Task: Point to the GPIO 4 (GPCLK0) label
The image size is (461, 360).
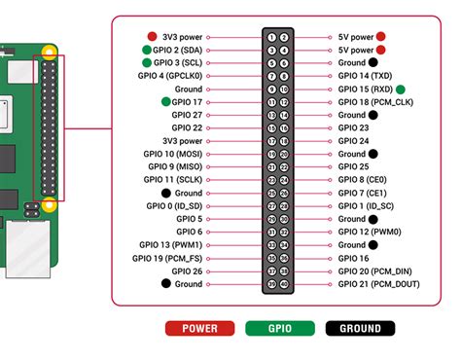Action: (x=170, y=75)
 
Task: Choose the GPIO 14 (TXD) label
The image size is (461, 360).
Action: (x=364, y=75)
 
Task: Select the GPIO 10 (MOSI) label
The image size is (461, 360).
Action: (x=170, y=154)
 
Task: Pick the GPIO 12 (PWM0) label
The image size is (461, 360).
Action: (x=368, y=232)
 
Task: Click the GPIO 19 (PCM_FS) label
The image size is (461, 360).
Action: (x=169, y=258)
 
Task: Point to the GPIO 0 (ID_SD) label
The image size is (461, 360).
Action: (x=170, y=205)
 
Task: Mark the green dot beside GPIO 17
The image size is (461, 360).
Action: (x=166, y=101)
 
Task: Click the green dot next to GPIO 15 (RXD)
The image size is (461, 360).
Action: (x=401, y=89)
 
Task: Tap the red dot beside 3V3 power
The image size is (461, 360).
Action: (x=153, y=37)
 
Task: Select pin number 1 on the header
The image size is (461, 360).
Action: (x=271, y=37)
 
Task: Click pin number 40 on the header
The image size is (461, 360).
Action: (x=284, y=284)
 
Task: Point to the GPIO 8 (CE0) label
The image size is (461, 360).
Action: (x=363, y=179)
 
